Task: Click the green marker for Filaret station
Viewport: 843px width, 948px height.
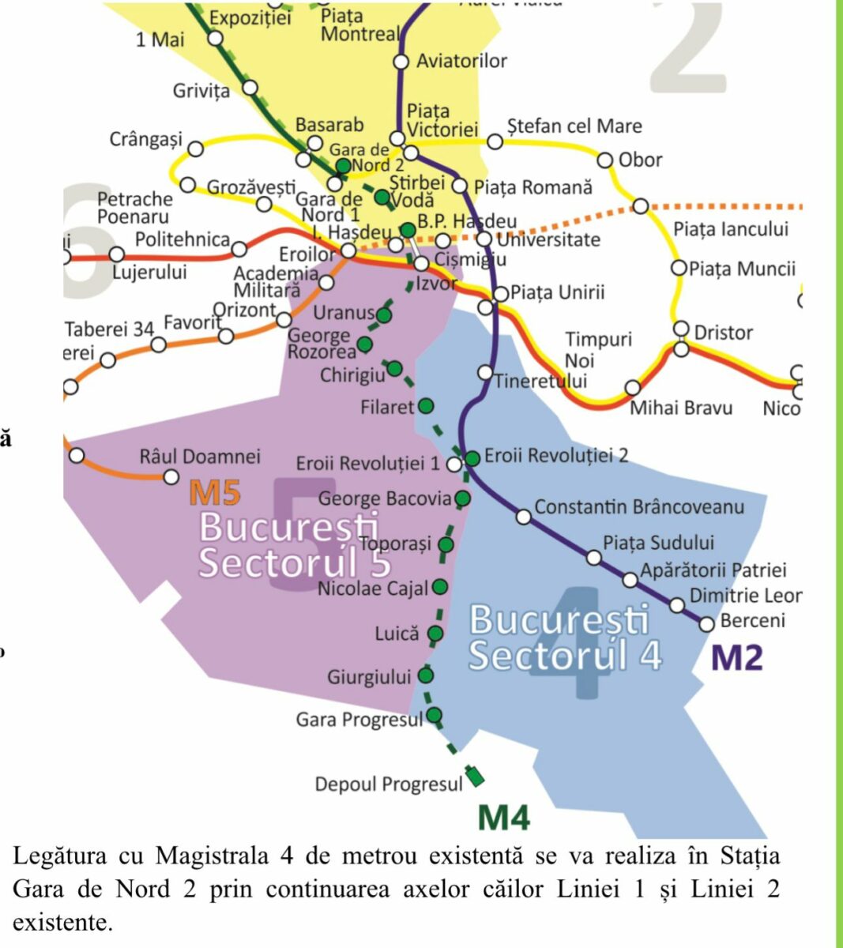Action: click(x=426, y=406)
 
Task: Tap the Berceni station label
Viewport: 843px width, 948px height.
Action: click(x=752, y=620)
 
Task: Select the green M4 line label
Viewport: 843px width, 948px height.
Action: click(x=504, y=818)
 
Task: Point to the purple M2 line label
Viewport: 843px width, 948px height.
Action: click(x=737, y=657)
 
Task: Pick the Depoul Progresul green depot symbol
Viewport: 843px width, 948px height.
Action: click(x=475, y=776)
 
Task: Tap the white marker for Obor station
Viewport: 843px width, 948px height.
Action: click(x=605, y=160)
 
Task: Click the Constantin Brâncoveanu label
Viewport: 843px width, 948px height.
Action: click(x=639, y=506)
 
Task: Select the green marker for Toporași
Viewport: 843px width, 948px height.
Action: click(x=446, y=544)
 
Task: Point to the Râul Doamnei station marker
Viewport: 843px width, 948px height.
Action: click(x=171, y=476)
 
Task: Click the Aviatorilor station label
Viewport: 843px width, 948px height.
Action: click(x=461, y=61)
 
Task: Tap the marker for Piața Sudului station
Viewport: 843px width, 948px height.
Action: click(x=594, y=558)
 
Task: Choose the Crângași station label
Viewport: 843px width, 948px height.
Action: click(x=145, y=140)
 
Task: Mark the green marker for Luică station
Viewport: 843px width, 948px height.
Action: click(x=435, y=633)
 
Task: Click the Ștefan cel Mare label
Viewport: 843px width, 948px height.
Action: click(x=574, y=126)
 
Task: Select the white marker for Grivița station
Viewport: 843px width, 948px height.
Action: click(x=250, y=87)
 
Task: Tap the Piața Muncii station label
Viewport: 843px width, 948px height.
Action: click(x=742, y=269)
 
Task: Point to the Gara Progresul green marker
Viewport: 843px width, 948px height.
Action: click(x=434, y=716)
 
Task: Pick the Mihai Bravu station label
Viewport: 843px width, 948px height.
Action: click(x=680, y=408)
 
